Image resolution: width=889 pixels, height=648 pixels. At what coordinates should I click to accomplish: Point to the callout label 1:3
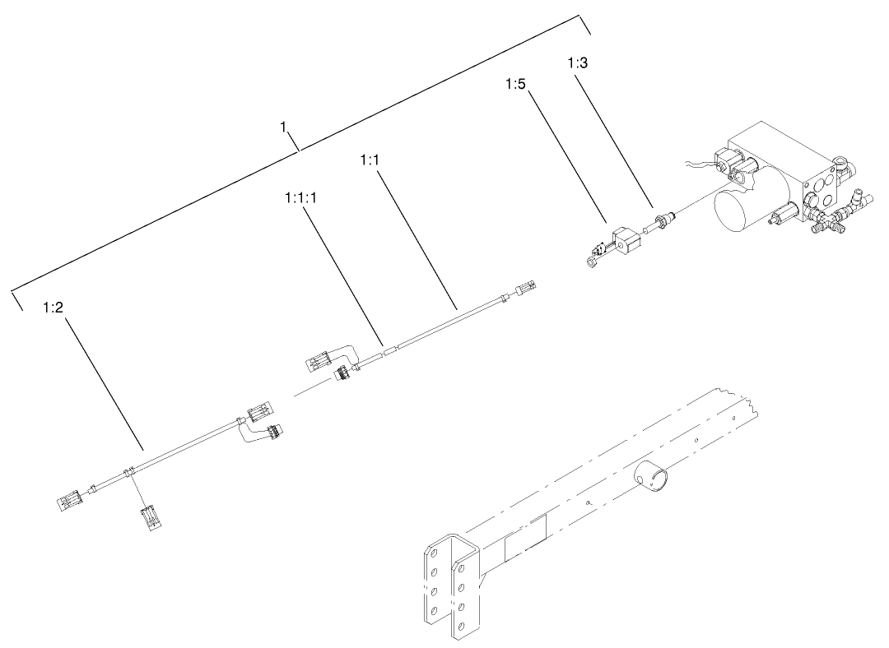pos(578,62)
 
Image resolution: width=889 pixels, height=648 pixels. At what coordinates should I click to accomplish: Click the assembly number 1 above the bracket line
pos(283,127)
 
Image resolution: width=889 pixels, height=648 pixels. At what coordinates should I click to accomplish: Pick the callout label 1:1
pos(369,160)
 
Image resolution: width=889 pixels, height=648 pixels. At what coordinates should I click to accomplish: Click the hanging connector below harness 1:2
pos(150,519)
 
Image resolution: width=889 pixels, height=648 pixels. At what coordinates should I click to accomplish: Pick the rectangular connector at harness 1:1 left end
pos(317,360)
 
